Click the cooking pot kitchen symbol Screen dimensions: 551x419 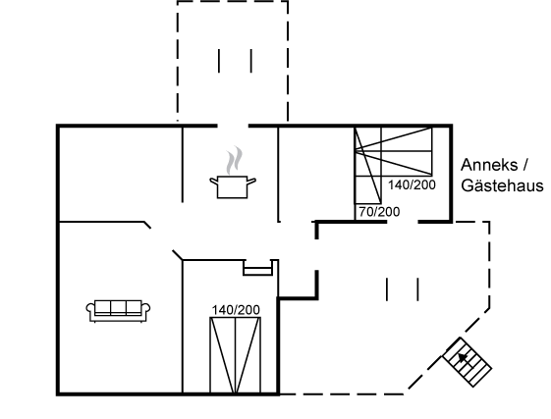233,186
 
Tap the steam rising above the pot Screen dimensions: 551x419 235,161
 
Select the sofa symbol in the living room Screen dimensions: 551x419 118,311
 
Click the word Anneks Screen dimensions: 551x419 489,165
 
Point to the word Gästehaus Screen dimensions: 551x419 502,185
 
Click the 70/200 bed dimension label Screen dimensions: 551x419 379,212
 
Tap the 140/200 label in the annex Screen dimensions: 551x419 412,184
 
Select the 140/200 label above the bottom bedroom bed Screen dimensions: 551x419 236,310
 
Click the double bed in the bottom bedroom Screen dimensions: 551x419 236,355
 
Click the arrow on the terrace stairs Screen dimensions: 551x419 464,358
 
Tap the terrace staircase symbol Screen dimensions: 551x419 467,362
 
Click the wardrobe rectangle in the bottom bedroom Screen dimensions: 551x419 258,268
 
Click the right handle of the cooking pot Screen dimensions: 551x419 251,182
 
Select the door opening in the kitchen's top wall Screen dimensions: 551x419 233,126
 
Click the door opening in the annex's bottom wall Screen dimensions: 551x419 403,222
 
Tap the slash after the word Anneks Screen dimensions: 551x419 524,165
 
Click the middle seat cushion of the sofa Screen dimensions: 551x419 119,307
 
